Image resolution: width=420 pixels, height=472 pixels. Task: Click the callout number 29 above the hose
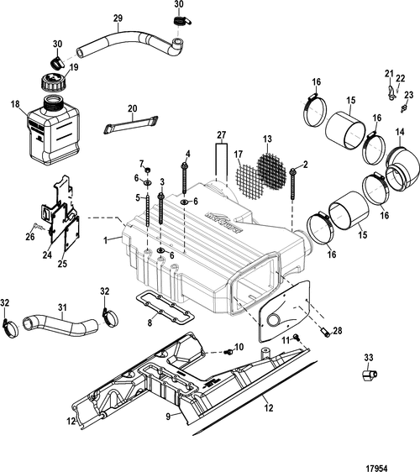point(118,18)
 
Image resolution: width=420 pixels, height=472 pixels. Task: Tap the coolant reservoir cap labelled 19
point(52,81)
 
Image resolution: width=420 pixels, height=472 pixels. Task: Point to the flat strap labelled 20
point(131,124)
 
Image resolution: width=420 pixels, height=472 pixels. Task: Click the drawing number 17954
point(375,469)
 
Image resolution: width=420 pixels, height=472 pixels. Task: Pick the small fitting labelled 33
point(369,375)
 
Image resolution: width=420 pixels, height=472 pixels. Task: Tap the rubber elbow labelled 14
point(402,168)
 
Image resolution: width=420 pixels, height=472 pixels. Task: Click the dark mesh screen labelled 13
point(271,171)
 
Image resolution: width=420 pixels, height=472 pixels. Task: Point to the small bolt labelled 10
point(229,351)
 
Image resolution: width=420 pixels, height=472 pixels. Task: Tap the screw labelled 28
point(324,333)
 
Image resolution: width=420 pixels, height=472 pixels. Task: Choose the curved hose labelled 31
point(60,323)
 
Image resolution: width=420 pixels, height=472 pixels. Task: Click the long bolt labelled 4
point(184,178)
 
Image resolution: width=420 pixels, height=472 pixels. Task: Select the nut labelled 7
point(148,171)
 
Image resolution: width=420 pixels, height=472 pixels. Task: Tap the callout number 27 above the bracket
point(221,134)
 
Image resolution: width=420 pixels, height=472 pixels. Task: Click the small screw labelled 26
point(36,224)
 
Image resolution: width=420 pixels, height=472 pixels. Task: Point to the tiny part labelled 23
point(404,108)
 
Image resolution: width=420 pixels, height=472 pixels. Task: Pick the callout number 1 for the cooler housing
point(105,240)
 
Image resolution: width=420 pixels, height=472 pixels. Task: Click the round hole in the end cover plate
point(275,320)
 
